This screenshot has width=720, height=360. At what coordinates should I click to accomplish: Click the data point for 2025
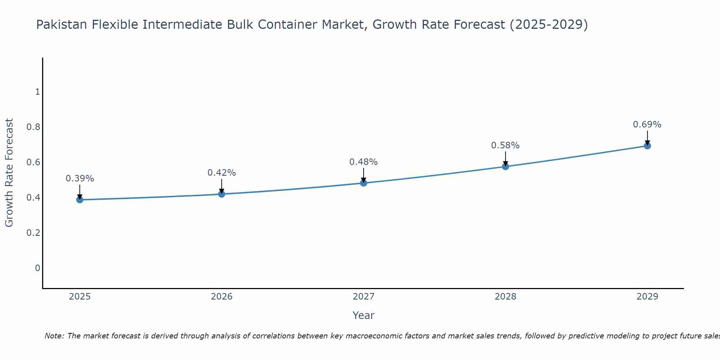[80, 200]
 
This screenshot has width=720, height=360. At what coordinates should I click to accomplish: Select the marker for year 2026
[222, 194]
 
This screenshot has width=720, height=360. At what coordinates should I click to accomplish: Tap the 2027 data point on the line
[364, 183]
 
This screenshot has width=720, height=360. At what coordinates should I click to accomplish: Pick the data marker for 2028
[505, 166]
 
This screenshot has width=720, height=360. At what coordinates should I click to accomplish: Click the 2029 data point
[647, 146]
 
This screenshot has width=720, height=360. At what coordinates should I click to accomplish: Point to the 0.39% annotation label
[80, 179]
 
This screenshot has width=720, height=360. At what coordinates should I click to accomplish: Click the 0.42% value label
[222, 173]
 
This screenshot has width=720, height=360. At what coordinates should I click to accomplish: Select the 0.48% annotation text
[364, 162]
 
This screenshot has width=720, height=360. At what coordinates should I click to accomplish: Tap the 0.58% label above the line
[505, 145]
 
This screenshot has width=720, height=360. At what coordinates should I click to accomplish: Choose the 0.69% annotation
[647, 125]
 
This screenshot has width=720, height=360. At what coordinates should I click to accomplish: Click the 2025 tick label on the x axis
[80, 297]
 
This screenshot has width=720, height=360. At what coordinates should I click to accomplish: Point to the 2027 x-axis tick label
[364, 297]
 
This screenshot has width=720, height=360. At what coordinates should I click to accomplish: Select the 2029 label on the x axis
[647, 297]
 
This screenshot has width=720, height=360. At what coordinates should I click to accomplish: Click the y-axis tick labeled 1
[37, 92]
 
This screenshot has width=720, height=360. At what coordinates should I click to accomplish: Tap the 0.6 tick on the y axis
[33, 162]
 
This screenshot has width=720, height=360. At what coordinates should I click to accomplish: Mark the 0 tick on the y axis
[37, 268]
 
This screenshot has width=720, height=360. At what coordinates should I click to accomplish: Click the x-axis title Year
[364, 315]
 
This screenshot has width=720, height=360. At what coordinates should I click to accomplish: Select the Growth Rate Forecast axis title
[9, 173]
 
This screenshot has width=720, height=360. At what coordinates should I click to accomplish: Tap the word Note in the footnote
[54, 336]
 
